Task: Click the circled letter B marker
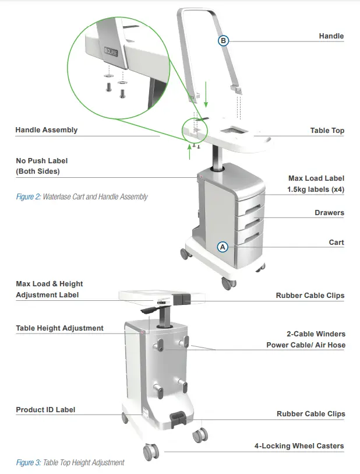[224, 40]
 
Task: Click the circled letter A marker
[223, 247]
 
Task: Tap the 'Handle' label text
[331, 36]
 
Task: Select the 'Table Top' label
[327, 131]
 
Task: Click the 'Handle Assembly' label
[46, 130]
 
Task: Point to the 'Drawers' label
[329, 213]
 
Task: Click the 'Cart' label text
[336, 243]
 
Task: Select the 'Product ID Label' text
[45, 410]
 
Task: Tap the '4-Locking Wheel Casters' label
[299, 446]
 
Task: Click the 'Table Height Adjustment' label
[59, 328]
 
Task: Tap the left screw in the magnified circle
[108, 87]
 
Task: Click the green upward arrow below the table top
[190, 151]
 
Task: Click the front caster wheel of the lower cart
[150, 451]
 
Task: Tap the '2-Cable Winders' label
[316, 334]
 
